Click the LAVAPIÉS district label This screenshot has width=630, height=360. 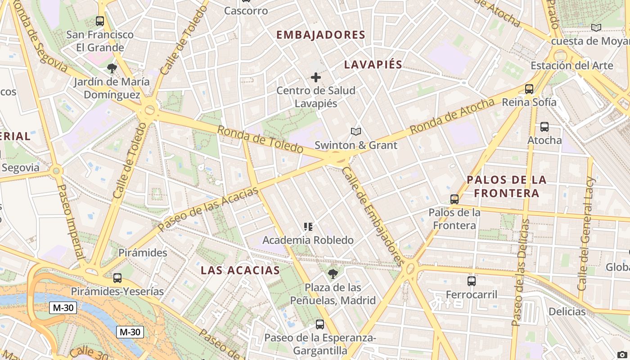point(373,64)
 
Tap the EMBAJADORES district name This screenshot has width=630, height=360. point(320,35)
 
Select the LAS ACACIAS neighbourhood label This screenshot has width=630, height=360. point(240,270)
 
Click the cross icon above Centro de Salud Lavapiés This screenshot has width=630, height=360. point(316,77)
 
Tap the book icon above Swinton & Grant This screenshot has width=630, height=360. point(356,132)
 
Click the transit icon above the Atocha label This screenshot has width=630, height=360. point(544,127)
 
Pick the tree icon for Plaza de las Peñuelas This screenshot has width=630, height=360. point(333,273)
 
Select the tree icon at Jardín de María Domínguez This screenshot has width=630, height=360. point(112,68)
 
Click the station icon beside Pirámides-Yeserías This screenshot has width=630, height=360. point(117,278)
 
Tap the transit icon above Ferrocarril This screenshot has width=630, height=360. point(472,281)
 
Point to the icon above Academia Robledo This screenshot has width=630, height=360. point(308,227)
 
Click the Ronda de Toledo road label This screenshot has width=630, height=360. point(260,139)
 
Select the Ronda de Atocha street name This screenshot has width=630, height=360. point(452,116)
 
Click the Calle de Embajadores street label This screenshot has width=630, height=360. point(372,216)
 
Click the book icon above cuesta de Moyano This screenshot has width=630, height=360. point(596,28)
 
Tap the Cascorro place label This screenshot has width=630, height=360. point(246,11)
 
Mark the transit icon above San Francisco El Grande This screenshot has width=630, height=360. point(100,21)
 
